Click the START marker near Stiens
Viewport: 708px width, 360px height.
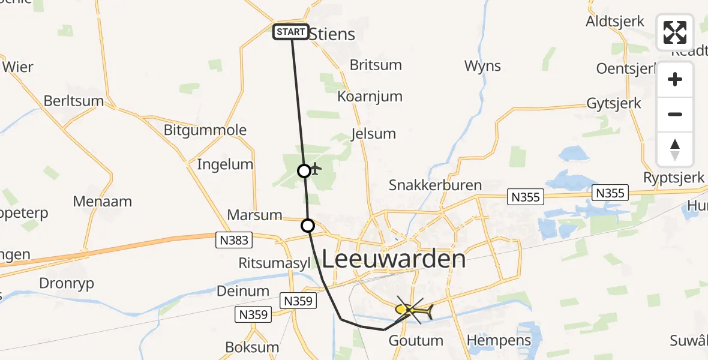(291, 32)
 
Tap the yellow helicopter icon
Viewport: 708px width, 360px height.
(413, 310)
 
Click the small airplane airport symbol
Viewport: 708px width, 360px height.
(316, 168)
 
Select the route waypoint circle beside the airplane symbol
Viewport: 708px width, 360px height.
(304, 171)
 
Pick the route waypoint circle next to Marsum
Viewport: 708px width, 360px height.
(307, 226)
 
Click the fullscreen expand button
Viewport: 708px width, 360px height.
(675, 32)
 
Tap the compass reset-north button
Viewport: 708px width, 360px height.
(675, 149)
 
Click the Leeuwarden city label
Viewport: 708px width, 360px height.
(394, 259)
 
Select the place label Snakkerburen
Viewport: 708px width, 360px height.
(435, 185)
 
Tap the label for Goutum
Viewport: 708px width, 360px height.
(416, 341)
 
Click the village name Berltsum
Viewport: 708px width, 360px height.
(74, 101)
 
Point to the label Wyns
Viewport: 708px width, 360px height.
(482, 66)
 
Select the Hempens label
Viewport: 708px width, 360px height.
(499, 341)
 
